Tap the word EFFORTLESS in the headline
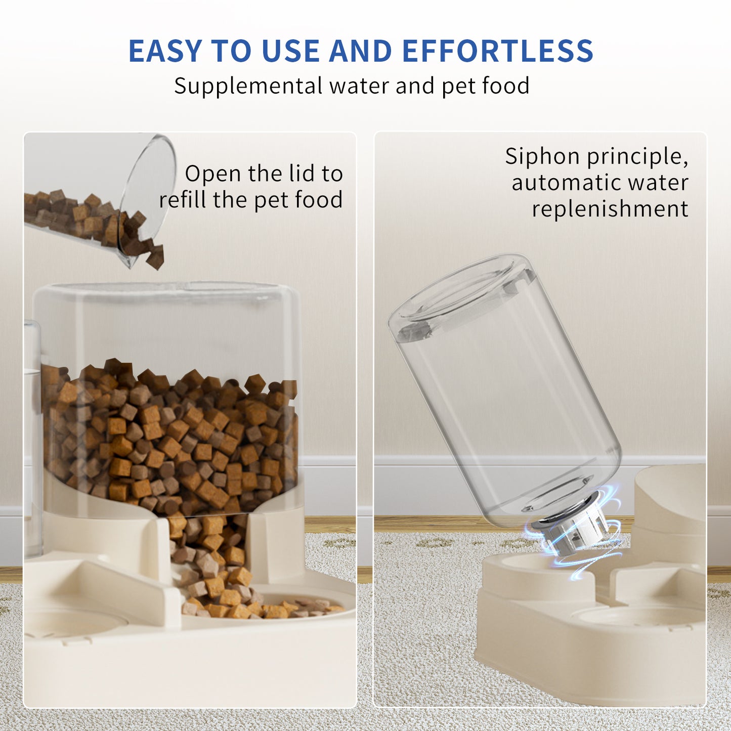click(497, 51)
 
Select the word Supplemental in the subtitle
click(248, 86)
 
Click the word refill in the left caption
click(183, 199)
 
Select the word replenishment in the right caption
click(610, 209)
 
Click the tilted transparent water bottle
click(506, 390)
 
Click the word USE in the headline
click(290, 51)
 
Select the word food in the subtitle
click(505, 86)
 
